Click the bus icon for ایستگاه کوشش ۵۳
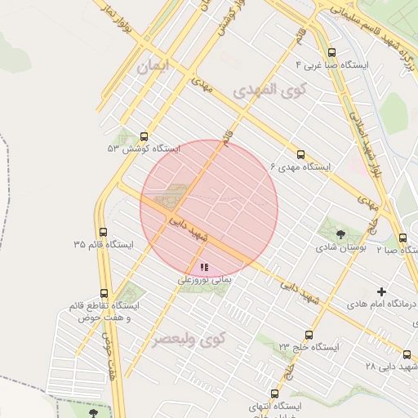[145, 136]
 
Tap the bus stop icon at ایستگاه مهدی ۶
[300, 154]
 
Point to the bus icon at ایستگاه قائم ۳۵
[102, 232]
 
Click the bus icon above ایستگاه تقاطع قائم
[104, 293]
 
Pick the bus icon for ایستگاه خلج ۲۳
[308, 335]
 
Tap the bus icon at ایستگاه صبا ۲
[402, 238]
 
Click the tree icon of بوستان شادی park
[340, 234]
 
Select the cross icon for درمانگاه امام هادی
[381, 291]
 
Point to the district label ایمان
[156, 68]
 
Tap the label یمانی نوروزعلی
[206, 279]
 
